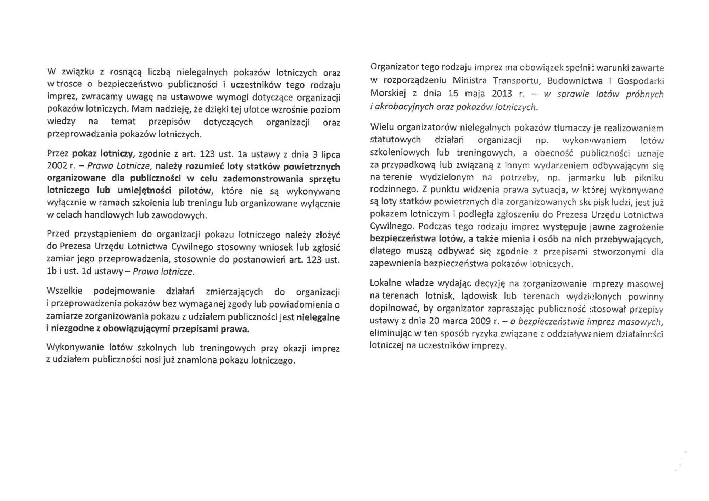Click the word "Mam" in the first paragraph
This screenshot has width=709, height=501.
pos(141,109)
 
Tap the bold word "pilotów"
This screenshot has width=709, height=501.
pos(195,191)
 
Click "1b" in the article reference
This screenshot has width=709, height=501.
pos(51,272)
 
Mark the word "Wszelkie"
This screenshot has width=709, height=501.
pos(64,292)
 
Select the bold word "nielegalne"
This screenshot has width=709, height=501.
pos(318,317)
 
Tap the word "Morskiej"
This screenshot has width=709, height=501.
pos(388,94)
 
